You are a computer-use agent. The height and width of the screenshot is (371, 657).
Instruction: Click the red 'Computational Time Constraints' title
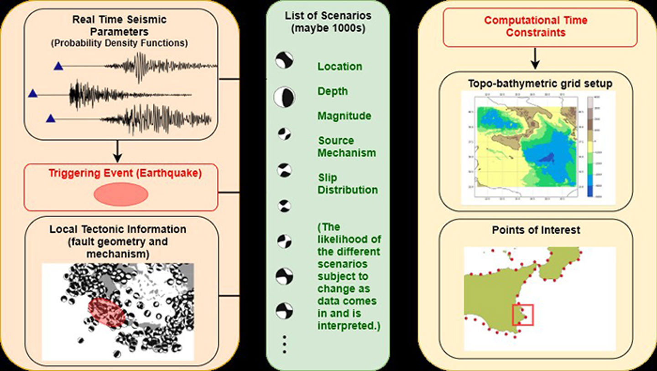(x=536, y=26)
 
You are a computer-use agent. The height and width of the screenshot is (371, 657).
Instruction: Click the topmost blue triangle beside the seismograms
(x=58, y=67)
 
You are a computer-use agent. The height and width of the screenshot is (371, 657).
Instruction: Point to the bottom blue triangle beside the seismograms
(x=51, y=119)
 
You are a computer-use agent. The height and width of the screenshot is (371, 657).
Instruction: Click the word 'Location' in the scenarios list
(x=340, y=67)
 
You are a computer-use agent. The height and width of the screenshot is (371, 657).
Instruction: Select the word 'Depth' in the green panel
(x=333, y=91)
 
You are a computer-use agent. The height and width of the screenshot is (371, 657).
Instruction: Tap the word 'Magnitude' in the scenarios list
(x=344, y=116)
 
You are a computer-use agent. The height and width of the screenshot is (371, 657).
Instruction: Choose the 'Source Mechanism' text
(x=347, y=146)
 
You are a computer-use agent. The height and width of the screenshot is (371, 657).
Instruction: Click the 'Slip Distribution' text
(x=348, y=183)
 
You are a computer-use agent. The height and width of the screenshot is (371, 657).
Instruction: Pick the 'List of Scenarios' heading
(x=328, y=21)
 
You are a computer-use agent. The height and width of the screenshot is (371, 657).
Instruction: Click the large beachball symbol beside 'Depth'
(x=284, y=97)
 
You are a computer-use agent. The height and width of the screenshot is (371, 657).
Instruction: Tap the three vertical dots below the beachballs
(x=284, y=344)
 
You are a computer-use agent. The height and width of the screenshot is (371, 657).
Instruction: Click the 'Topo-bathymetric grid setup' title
(x=536, y=84)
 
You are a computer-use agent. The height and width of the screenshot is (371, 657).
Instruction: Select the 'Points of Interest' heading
(x=536, y=230)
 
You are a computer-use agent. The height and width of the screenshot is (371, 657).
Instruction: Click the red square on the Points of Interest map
(x=523, y=315)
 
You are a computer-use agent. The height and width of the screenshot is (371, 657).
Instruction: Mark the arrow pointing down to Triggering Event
(x=117, y=151)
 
